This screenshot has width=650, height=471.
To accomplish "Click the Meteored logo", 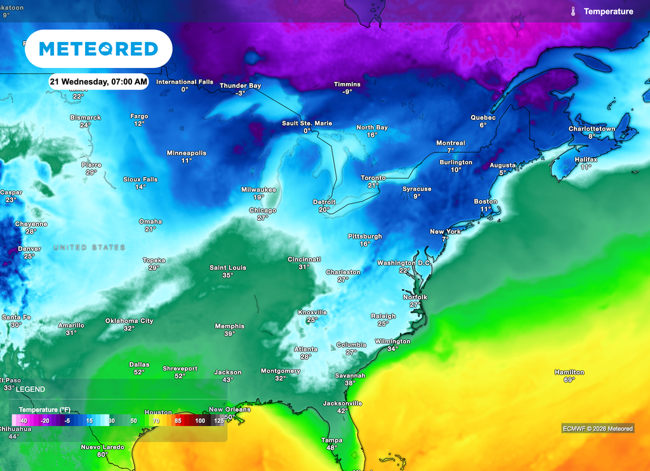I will pos(98,49).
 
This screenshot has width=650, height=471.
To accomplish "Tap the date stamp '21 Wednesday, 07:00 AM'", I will pos(99,82).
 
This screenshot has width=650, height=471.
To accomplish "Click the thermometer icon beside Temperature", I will pos(573,11).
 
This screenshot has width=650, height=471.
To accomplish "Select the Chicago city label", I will pos(262,210).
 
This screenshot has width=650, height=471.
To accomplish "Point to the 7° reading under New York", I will pos(446,239).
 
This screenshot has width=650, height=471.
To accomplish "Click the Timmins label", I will pos(347,84).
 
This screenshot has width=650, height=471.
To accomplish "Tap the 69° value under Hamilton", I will pos(568,380).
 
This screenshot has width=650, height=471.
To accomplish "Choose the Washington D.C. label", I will pos(404,263).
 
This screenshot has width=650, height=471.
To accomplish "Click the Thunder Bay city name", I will pos(240,86).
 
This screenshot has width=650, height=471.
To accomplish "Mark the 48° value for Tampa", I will pos(331,448).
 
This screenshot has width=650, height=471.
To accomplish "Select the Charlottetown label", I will pos(592,129).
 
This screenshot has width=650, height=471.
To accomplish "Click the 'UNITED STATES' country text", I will pos(90,248).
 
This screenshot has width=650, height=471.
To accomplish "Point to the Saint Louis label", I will pos(228,268).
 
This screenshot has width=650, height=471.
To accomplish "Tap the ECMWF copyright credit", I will pos(597,428).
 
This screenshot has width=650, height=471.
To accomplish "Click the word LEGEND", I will pos(30,388).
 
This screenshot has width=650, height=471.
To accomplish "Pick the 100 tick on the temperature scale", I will pos(200,421).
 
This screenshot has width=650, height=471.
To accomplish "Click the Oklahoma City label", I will pos(129,321).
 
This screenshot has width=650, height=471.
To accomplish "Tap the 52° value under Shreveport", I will pos(180,376).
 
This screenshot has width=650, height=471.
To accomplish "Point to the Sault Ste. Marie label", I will pos(307,123).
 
